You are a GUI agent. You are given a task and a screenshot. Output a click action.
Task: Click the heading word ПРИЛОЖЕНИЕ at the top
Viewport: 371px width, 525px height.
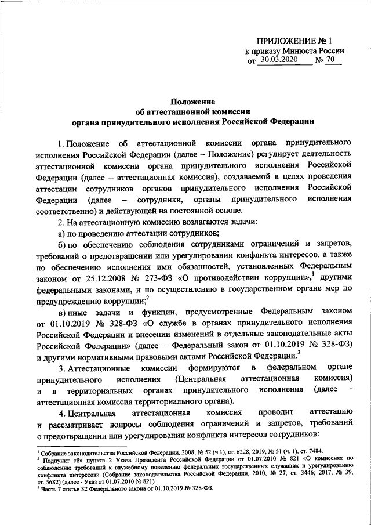click(x=273, y=41)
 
